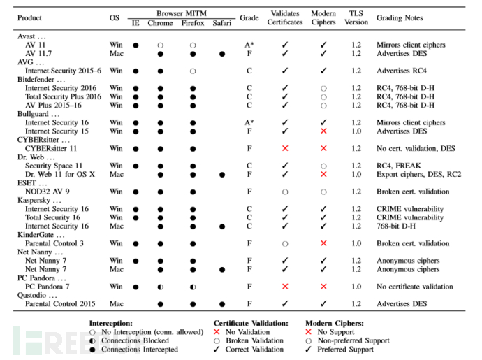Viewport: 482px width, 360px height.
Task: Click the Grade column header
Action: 249,18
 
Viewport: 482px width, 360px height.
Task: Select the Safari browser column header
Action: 221,23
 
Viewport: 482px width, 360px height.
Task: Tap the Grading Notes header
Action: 400,18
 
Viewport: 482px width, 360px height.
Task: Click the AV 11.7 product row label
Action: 38,54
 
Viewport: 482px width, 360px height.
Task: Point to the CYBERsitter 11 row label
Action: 51,149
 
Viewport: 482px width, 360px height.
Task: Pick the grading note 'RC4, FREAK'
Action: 398,166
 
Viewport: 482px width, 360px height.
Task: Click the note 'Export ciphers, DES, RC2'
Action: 418,175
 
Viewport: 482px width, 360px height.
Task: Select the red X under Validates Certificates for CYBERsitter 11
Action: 285,149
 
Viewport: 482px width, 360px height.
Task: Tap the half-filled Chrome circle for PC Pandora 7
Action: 160,287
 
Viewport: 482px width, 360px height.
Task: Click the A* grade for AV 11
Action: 249,45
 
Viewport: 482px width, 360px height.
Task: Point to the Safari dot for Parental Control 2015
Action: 222,304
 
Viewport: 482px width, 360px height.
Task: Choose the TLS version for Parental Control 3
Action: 356,243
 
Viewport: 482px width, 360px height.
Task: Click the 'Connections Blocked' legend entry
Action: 135,340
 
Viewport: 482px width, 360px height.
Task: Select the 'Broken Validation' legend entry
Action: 254,340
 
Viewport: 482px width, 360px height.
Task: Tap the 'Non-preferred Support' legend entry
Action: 353,340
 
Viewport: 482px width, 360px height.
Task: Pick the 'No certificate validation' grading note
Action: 415,287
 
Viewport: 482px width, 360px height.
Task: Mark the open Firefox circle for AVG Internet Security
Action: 193,71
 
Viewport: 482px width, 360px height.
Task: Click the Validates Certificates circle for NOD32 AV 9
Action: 285,192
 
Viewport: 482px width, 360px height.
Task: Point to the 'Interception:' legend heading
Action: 110,324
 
